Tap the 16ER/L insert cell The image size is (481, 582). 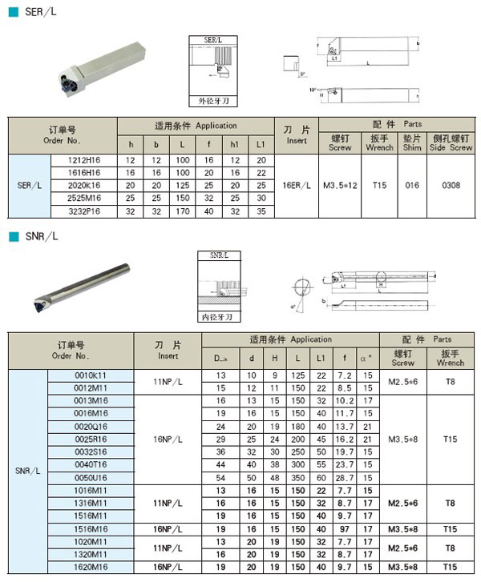(x=297, y=186)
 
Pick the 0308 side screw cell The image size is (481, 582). (x=451, y=186)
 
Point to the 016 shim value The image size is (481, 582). (x=411, y=186)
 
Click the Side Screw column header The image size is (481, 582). (x=451, y=142)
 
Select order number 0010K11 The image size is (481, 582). (x=90, y=375)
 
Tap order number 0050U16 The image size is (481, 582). (x=90, y=478)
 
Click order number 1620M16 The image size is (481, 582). (x=90, y=567)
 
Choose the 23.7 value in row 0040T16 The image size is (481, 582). (x=345, y=465)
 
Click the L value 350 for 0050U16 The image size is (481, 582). (x=298, y=478)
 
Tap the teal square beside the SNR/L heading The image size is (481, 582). (x=12, y=237)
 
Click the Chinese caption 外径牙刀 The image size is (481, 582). (x=213, y=102)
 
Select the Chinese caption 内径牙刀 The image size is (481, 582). (x=220, y=317)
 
